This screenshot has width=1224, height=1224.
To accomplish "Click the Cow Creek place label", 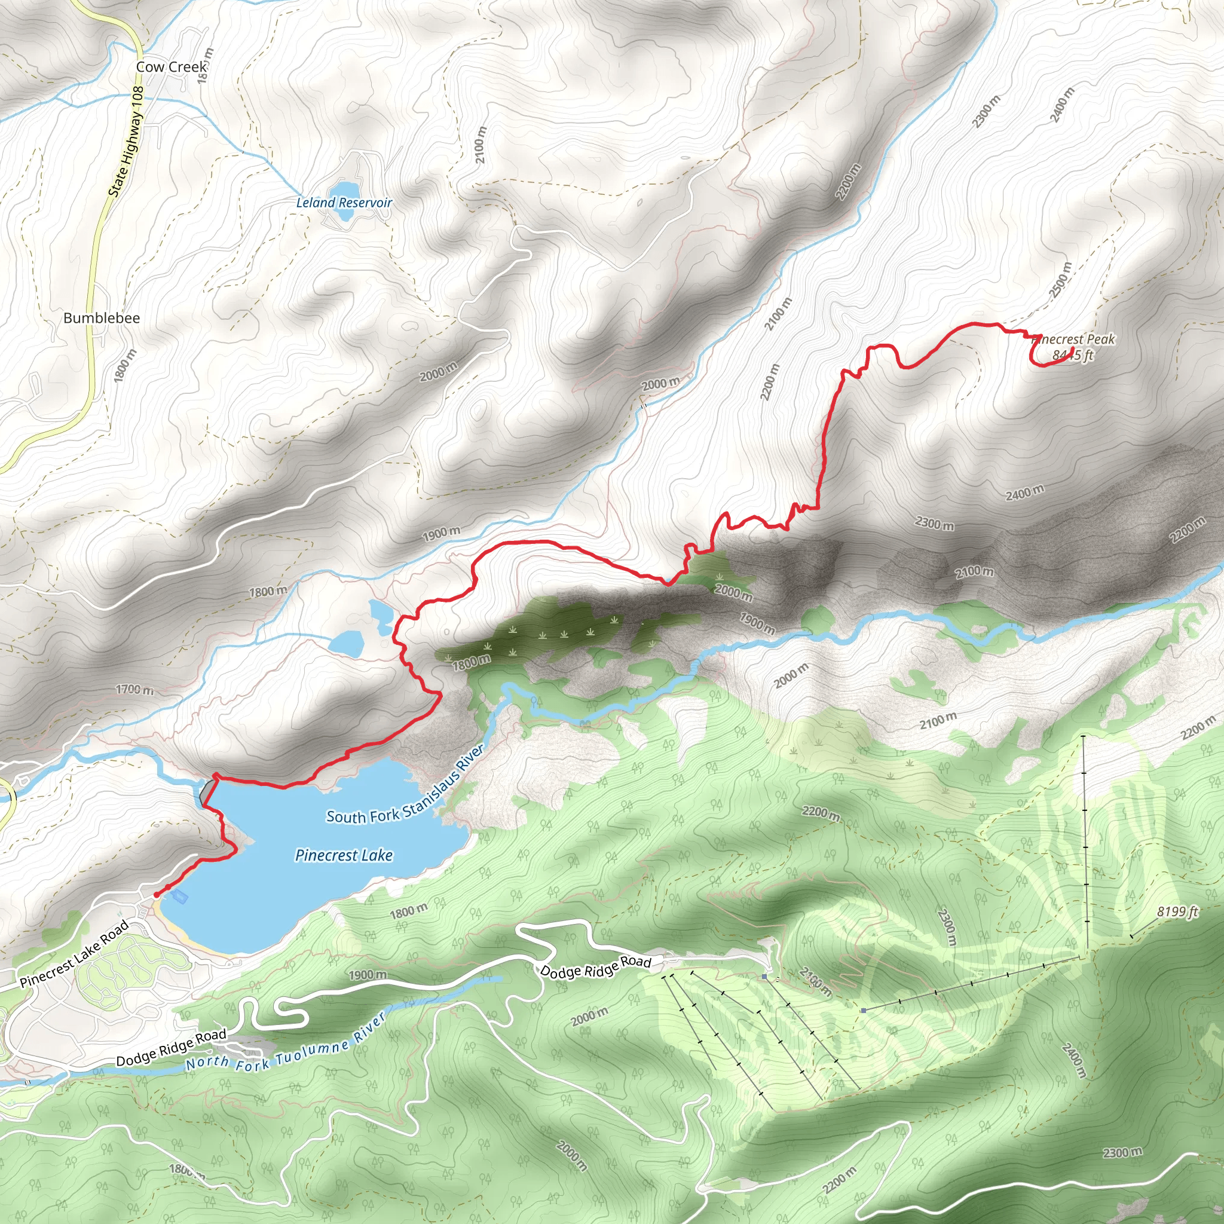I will tap(171, 66).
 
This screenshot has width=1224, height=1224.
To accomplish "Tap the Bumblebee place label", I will tap(102, 318).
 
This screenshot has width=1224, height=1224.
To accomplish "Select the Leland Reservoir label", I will tap(344, 203).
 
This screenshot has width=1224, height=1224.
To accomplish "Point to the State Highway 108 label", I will tap(127, 140).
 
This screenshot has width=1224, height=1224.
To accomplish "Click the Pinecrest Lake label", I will tap(344, 855).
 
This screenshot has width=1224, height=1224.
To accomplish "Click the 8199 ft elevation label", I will tap(1177, 911).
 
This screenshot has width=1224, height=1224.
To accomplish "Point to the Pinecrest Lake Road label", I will tap(75, 953).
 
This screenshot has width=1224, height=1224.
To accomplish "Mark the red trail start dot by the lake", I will tap(156, 895).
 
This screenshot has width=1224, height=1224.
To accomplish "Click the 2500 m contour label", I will tap(1061, 279).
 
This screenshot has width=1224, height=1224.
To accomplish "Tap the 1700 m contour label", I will tap(134, 689).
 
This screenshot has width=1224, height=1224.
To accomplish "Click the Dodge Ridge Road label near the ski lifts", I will tap(595, 967).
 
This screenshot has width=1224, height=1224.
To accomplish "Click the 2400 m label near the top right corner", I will tap(1063, 105).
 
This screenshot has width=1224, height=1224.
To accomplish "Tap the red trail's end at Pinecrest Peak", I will tap(1072, 350).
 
